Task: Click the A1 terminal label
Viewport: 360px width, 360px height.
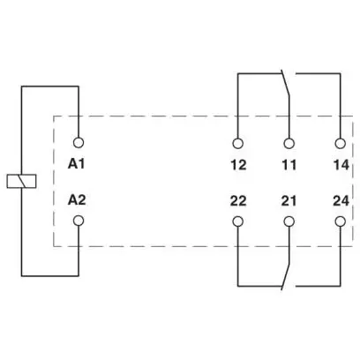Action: point(77,164)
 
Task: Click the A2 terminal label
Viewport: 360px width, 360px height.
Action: point(77,200)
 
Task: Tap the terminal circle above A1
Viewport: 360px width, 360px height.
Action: point(79,143)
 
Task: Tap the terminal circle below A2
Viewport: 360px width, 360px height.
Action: point(79,221)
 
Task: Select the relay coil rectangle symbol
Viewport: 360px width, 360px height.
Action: point(21,181)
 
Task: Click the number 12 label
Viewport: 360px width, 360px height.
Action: point(238,165)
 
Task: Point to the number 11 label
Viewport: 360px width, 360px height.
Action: point(289,165)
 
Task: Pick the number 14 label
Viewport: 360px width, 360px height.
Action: point(341,165)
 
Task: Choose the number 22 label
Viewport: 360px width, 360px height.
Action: point(238,201)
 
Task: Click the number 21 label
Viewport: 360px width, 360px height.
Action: point(289,201)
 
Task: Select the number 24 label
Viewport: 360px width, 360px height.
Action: point(341,201)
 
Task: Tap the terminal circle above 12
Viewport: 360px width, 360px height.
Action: point(237,144)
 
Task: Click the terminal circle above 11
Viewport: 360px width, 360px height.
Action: point(289,144)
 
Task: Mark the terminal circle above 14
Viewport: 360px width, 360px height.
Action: point(341,144)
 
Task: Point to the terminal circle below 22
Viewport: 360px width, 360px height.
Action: point(237,221)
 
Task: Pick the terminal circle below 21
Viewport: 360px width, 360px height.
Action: point(289,221)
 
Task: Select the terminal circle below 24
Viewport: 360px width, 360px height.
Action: point(341,221)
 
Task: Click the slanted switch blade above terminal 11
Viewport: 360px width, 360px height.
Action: point(286,83)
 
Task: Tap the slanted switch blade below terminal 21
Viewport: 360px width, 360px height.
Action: point(286,277)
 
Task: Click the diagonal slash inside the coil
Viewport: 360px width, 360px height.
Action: point(20,181)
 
